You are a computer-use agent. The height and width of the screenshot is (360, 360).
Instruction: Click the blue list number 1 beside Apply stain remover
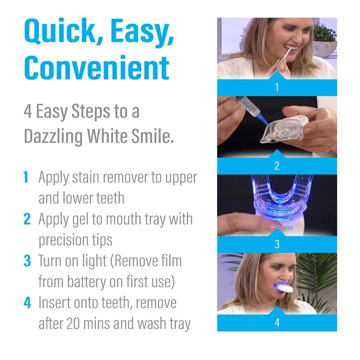26,177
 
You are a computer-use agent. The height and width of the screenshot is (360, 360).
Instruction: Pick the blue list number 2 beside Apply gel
27,219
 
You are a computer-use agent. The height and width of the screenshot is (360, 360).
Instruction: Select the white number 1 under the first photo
276,87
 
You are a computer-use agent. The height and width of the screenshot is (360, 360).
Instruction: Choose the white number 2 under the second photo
276,166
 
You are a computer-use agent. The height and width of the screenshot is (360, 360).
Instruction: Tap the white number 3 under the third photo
276,244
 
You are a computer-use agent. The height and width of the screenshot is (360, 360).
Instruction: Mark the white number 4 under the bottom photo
276,323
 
